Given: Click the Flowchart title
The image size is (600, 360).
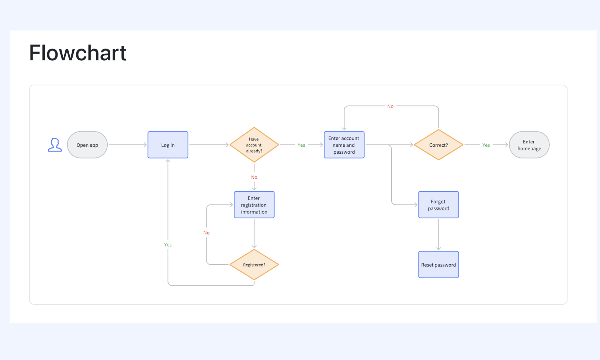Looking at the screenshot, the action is [78, 53].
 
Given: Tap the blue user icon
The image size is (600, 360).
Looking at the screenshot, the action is [55, 145].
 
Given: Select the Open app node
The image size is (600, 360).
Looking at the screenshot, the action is [87, 145].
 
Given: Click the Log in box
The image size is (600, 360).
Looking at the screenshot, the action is [168, 145].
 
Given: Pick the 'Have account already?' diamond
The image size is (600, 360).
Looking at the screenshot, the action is [254, 145].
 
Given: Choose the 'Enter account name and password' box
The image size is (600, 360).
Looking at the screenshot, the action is [344, 145].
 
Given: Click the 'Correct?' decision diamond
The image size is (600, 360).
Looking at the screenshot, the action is [439, 145].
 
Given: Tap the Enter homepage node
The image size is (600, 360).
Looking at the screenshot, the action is [529, 145].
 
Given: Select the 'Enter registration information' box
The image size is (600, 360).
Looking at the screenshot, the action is [254, 205].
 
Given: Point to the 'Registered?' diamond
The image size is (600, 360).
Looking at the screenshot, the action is [254, 265].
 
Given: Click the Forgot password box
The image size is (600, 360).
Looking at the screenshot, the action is [439, 205].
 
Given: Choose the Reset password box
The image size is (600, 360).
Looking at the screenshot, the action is [439, 265].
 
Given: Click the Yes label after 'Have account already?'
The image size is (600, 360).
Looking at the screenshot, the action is [301, 145].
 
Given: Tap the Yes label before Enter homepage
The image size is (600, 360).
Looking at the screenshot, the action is [486, 145].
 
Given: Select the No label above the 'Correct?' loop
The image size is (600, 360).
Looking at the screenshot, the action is [390, 106].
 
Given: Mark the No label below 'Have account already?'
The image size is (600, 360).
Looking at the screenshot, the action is [254, 177].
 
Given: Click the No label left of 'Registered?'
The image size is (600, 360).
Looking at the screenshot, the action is [206, 233].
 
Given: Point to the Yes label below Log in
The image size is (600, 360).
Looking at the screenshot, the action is [168, 245].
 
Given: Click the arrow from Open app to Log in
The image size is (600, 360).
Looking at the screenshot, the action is [127, 145].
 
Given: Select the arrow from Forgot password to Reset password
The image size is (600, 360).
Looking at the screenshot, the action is [439, 235].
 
